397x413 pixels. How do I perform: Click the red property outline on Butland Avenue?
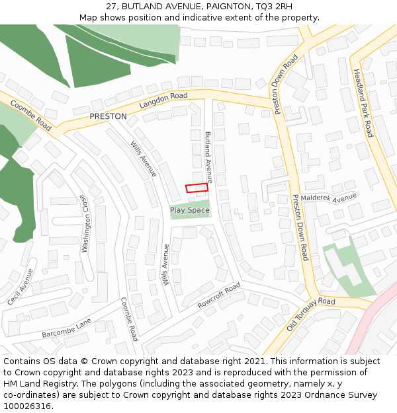tap(197, 188)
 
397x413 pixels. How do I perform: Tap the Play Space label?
tap(190, 210)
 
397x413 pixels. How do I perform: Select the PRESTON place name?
tap(108, 116)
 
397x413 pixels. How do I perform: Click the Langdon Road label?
tap(163, 100)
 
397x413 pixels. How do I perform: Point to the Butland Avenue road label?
tap(208, 157)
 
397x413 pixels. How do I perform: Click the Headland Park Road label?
tap(363, 103)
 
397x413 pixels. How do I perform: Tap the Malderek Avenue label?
tap(328, 198)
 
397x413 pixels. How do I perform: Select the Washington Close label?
tap(85, 223)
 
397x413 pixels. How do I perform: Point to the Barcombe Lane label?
tap(66, 328)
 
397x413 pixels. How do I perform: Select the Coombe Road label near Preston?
tap(30, 114)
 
